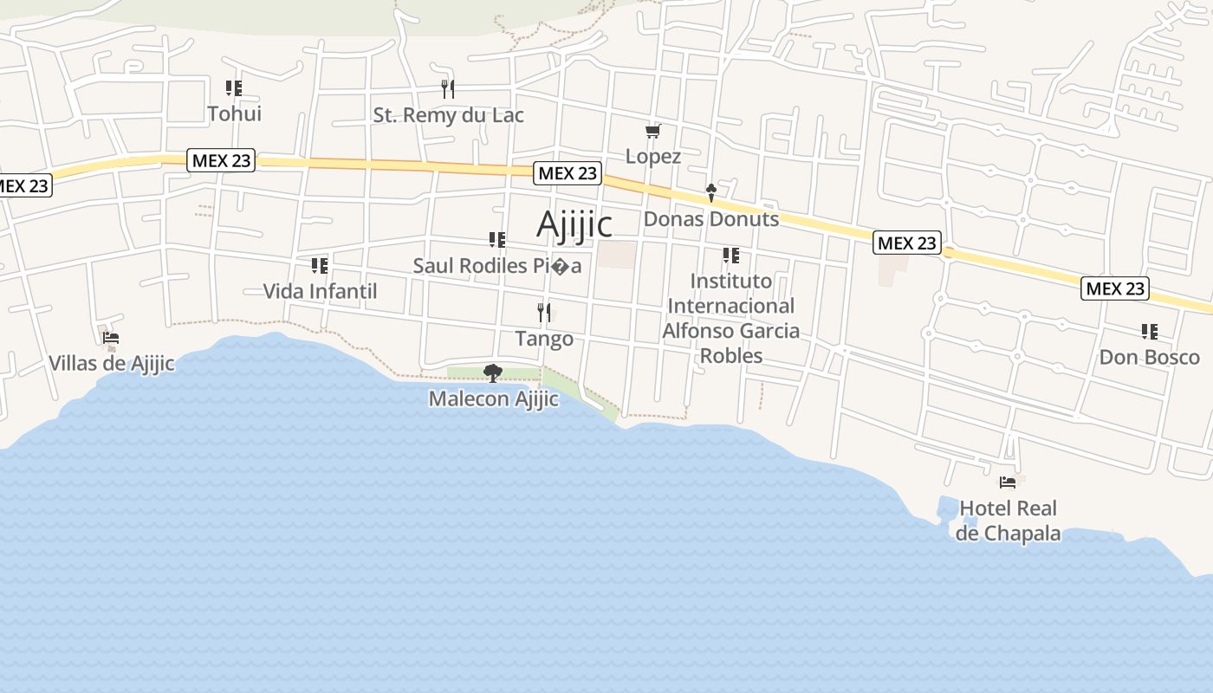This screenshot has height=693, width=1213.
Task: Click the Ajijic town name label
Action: (574, 224)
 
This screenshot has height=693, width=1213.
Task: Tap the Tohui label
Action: (234, 113)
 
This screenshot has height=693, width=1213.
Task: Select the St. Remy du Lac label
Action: (448, 115)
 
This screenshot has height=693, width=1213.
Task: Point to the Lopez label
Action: (653, 157)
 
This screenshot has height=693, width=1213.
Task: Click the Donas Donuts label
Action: (710, 219)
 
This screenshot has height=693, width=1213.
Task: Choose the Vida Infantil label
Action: (320, 291)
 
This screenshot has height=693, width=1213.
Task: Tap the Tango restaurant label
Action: (544, 339)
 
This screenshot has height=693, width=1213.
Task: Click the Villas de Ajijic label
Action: (112, 363)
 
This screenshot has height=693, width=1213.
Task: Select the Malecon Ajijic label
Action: (493, 399)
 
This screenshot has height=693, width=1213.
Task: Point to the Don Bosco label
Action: (1149, 357)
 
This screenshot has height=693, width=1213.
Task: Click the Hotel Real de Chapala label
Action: (1008, 521)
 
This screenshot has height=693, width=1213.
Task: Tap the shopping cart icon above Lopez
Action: (653, 132)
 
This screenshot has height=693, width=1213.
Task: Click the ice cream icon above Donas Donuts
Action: (711, 192)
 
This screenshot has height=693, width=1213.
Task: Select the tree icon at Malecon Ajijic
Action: (493, 373)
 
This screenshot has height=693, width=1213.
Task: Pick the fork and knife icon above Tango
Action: (544, 312)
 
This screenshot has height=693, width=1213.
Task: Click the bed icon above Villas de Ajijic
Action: (111, 338)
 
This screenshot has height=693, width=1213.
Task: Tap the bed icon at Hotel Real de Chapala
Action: (1008, 483)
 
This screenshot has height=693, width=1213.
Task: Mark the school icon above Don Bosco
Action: (1150, 331)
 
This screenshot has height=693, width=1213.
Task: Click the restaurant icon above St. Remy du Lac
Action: (448, 88)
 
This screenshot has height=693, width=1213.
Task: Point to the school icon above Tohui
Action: (234, 87)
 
